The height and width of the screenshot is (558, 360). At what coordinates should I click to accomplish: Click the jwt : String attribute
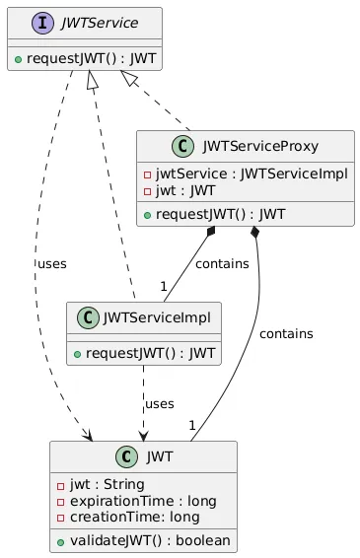coord(103,484)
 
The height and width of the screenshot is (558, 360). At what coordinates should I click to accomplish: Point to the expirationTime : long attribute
coord(128,501)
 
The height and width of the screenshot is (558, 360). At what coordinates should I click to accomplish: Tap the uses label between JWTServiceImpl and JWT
coord(160,404)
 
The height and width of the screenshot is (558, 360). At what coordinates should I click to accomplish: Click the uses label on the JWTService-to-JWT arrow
coord(52,265)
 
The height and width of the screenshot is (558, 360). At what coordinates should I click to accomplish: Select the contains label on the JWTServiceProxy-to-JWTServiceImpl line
coord(222,264)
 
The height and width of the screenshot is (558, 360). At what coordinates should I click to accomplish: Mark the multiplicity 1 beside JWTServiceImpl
coord(162,286)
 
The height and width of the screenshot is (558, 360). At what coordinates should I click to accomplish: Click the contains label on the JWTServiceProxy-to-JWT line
coord(285,334)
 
